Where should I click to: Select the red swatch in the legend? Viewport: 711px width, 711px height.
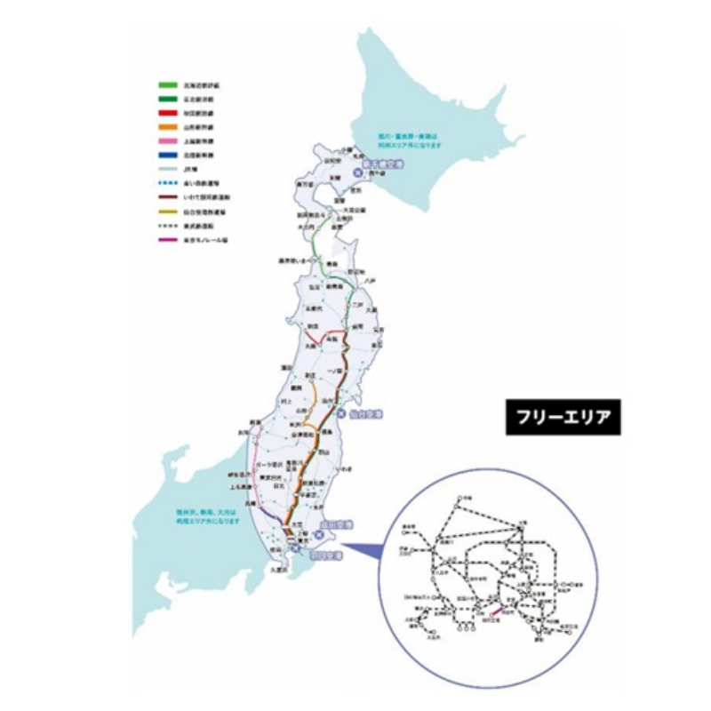coord(167,114)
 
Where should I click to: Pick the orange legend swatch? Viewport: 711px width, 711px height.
coord(167,128)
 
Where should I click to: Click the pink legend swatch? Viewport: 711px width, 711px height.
coord(167,141)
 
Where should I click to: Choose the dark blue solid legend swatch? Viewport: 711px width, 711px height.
coord(167,155)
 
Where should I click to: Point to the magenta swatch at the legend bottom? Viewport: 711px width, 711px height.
coord(167,239)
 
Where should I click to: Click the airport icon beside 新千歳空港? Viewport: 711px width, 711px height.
coord(357,171)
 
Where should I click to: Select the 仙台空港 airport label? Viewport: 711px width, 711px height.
coord(363,414)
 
